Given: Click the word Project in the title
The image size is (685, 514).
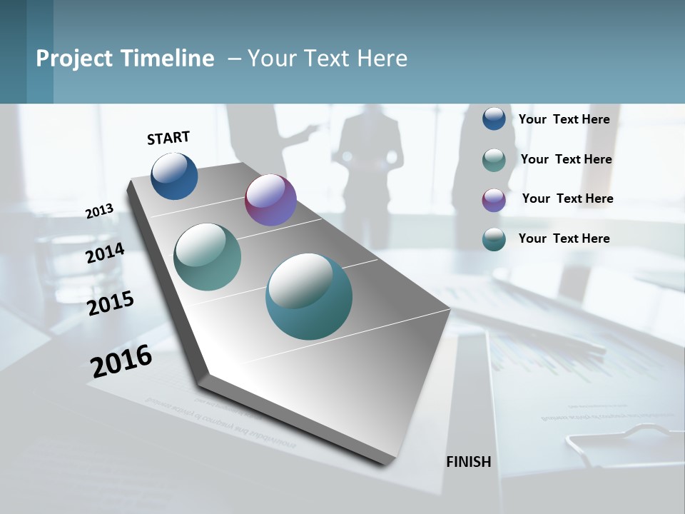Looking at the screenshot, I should point(70,59).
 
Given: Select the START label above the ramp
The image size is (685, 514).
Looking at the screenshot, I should point(168,138).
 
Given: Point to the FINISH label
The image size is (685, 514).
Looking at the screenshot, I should point(468,462).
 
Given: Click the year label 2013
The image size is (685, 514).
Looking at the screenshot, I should point(99,211).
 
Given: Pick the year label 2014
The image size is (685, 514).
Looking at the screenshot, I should point(105,253).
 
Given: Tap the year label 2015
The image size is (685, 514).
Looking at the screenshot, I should point(110,303).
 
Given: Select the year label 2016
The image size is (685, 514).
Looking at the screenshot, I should point(121,361).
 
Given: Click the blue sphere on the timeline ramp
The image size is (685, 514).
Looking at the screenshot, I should point(174,176).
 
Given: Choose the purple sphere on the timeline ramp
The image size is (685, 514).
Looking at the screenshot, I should point(270,200).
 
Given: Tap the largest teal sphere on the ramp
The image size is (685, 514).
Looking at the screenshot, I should point(308,296).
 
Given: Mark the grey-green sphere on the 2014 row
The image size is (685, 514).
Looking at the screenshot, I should point(207,257).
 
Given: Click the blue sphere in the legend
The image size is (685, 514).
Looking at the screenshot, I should point(494,119).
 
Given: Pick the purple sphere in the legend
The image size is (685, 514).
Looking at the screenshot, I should point(494,200).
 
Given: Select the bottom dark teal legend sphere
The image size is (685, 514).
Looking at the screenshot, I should point(494,239).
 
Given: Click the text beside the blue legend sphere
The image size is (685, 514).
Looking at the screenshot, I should point(564,119).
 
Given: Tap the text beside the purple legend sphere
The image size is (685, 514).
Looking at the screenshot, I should point(567,198).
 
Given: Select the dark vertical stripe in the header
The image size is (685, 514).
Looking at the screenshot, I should point(40,51).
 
